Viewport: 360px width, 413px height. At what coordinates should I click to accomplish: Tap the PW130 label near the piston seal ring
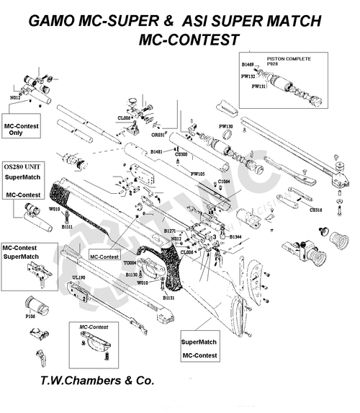click(x=226, y=126)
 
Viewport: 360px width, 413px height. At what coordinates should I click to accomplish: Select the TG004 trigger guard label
click(x=131, y=263)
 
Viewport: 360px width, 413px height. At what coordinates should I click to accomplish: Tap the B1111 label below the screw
click(x=67, y=226)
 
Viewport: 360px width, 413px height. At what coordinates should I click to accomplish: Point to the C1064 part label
click(x=224, y=182)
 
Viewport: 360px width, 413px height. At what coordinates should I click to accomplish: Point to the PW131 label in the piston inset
click(x=258, y=86)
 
